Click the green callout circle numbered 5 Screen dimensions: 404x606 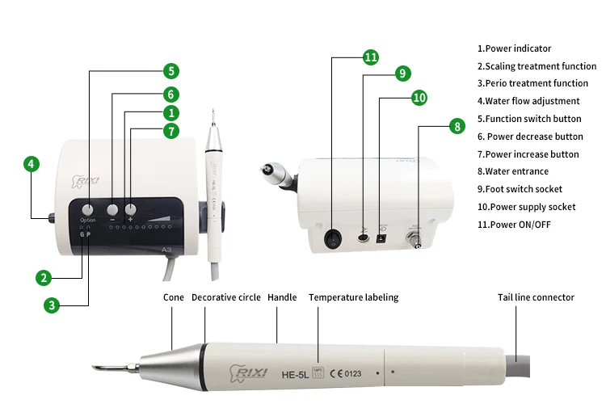click(x=170, y=71)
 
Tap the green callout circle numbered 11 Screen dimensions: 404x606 click(x=371, y=57)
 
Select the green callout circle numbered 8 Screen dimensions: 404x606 click(x=457, y=126)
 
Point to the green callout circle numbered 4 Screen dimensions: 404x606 click(x=31, y=164)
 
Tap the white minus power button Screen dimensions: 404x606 click(x=112, y=208)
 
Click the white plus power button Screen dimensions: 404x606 click(x=130, y=208)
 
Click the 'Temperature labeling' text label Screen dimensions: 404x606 click(x=353, y=297)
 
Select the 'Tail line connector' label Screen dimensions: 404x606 click(x=536, y=297)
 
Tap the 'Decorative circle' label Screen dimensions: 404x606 click(x=225, y=297)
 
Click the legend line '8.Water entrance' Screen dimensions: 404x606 click(x=512, y=171)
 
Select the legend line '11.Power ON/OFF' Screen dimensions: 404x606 click(x=513, y=224)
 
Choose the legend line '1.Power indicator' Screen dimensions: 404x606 click(x=514, y=48)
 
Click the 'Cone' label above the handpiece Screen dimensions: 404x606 click(x=173, y=297)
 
